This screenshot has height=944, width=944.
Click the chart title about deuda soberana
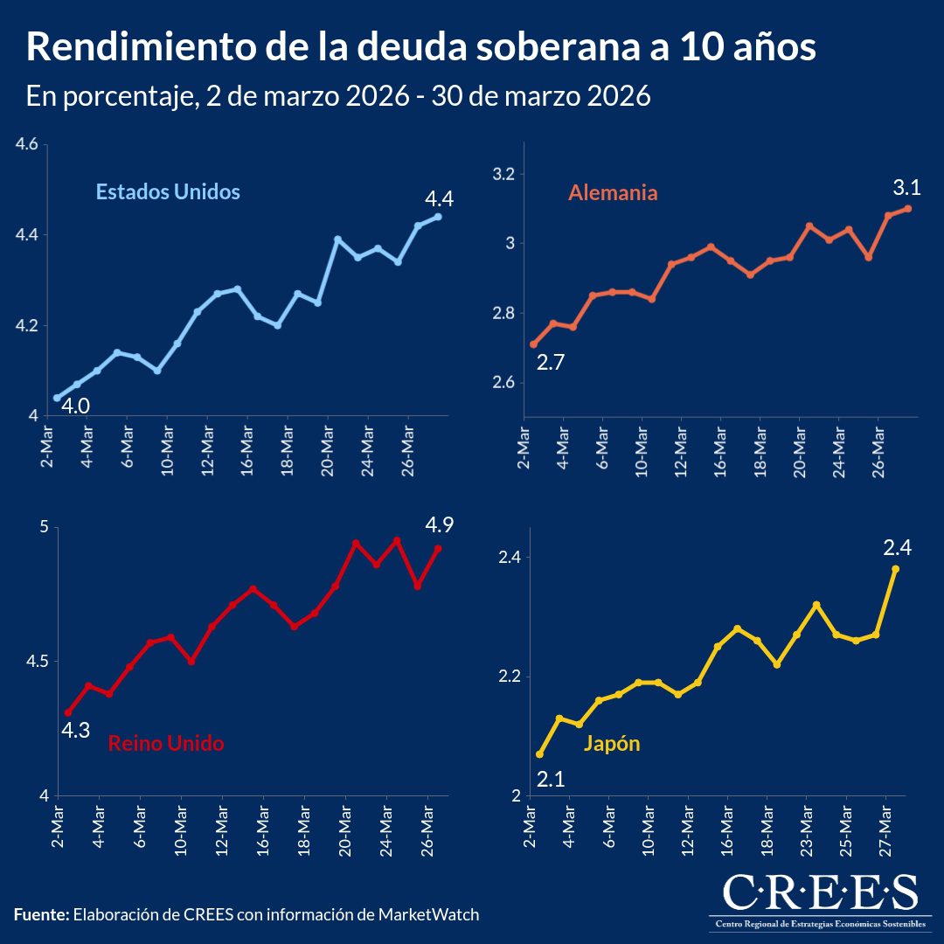[421, 48]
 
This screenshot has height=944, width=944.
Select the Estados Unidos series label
[168, 191]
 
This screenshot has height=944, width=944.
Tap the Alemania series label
[613, 192]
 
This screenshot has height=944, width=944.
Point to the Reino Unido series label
[166, 744]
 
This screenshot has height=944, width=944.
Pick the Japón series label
[612, 744]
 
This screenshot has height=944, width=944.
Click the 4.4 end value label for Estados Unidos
[438, 199]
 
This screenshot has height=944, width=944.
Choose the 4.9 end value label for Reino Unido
[439, 526]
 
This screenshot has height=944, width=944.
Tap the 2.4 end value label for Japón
[898, 548]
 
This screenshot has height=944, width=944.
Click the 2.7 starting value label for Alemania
[551, 362]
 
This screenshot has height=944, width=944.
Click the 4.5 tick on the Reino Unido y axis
[28, 661]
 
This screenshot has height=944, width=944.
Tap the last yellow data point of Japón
[895, 569]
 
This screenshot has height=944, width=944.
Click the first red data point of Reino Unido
[68, 712]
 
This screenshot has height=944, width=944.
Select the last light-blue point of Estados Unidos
[438, 217]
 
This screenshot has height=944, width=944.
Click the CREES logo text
[820, 892]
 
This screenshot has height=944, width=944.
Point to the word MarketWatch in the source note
[428, 914]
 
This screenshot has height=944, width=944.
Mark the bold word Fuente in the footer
[41, 914]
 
